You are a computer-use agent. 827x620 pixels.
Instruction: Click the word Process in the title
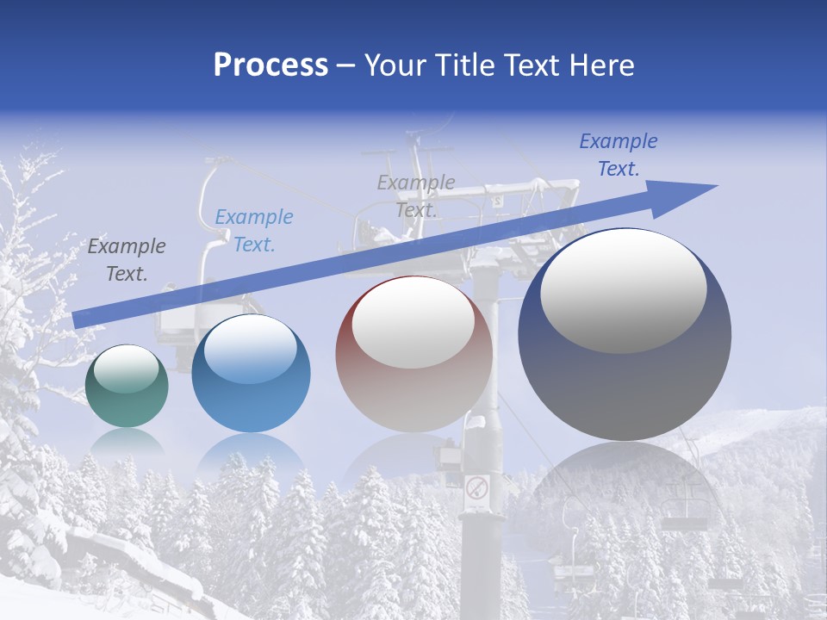point(270,65)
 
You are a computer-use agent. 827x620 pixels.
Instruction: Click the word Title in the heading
point(461,65)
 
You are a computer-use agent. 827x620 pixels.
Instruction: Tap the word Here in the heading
point(603,65)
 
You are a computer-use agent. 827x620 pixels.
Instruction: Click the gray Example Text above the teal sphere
point(127,260)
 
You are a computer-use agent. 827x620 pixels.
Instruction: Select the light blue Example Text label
point(254,231)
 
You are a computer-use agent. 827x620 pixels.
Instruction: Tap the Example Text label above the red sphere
point(416,195)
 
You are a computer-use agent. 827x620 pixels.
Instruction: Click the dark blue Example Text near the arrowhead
point(619,155)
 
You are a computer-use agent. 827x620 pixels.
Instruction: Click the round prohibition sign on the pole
point(476,489)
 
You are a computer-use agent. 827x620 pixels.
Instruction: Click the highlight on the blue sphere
point(250,349)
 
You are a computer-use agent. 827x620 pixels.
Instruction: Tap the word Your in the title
point(391,65)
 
